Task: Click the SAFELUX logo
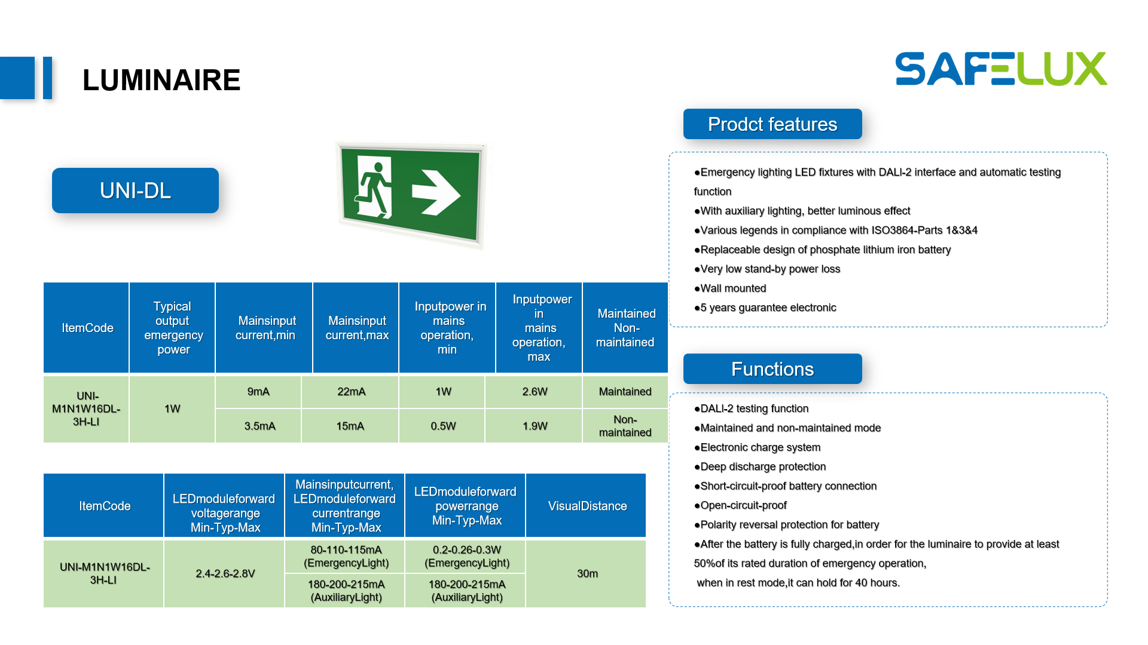coord(1001,69)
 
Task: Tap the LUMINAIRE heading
coord(161,80)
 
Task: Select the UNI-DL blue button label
coord(135,191)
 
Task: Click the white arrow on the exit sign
coord(436,193)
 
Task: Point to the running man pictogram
coord(374,186)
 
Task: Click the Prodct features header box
coord(772,124)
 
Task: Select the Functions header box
coord(772,369)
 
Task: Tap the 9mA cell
coord(258,392)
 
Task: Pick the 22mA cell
coord(351,392)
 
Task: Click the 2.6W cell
coord(535,392)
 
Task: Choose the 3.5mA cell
coord(259,426)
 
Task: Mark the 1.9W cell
coord(535,426)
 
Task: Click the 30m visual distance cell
coord(587,573)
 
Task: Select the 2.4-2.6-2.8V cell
coord(225,573)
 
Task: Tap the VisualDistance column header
coord(587,506)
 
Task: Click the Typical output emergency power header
coord(173,328)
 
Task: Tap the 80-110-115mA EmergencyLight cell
coord(346,556)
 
